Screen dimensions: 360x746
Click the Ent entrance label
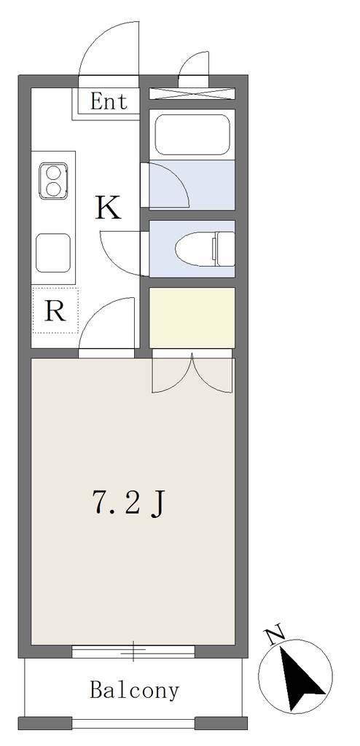point(109,101)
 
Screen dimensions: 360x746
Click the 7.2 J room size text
point(128,504)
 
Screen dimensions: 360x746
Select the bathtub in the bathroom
point(192,135)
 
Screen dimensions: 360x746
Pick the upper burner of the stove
point(53,172)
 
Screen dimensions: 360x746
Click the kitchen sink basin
point(53,253)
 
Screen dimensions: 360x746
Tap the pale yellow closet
point(192,318)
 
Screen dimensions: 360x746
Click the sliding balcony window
point(133,651)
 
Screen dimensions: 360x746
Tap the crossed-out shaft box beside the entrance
point(192,93)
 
